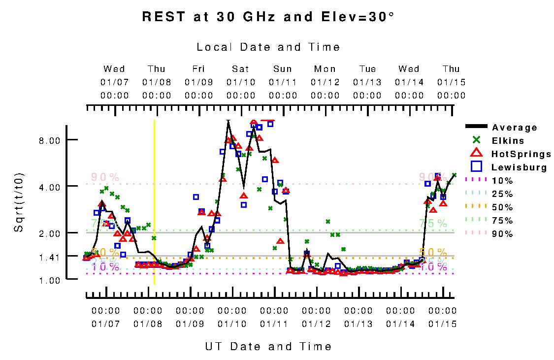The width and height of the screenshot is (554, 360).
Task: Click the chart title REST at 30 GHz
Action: (268, 17)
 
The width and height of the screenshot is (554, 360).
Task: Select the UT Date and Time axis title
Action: (268, 346)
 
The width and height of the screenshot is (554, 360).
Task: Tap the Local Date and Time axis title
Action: (268, 47)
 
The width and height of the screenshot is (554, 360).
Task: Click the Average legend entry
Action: (515, 128)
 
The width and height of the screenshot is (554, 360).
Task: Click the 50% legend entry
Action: (502, 207)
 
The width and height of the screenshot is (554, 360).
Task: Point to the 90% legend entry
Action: (502, 234)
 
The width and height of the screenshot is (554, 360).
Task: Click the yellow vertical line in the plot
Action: (155, 207)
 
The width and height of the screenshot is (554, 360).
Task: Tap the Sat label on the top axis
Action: (241, 69)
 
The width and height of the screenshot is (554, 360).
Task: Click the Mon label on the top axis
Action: (325, 69)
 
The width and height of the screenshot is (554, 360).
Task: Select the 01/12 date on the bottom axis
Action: (316, 324)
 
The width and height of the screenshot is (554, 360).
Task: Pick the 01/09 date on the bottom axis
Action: (190, 324)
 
